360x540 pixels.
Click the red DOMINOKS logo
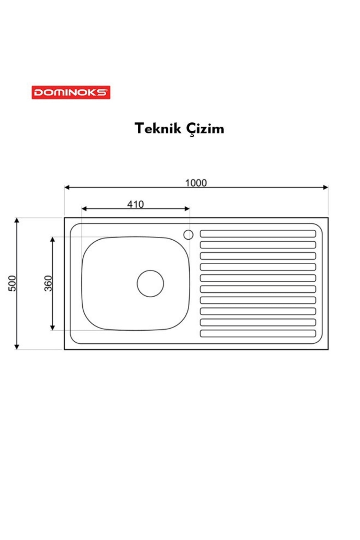click(71, 92)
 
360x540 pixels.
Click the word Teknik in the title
click(158, 129)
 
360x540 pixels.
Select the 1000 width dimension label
click(196, 183)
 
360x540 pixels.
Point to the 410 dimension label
click(135, 204)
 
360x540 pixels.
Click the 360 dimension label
click(48, 283)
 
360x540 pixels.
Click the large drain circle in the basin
click(150, 283)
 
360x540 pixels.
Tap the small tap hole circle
click(188, 235)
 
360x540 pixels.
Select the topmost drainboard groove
click(258, 234)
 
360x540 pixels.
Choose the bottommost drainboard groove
click(258, 333)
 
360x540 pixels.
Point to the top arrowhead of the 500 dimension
click(17, 220)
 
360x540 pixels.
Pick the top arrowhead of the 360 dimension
click(52, 240)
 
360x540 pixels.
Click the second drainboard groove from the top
click(258, 245)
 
